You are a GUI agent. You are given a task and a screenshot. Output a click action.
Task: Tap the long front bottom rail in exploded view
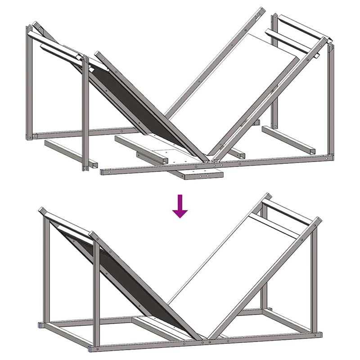tap(216, 164)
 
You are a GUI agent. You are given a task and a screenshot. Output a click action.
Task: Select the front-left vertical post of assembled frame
tap(95, 292)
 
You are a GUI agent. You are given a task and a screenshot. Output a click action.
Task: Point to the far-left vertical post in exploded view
tap(29, 81)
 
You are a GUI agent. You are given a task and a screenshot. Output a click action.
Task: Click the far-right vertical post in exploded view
tap(332, 99)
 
